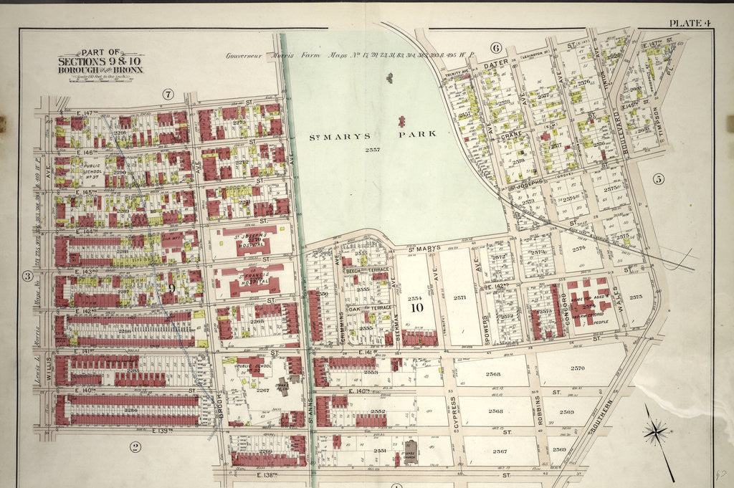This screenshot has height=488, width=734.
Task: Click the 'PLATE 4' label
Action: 689,23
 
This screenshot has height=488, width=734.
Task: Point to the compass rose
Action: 656,432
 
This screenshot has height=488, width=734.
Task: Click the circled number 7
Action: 168,94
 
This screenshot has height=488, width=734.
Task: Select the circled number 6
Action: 495,48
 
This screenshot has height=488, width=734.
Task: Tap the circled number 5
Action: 658,179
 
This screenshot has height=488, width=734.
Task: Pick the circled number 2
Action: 134,448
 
